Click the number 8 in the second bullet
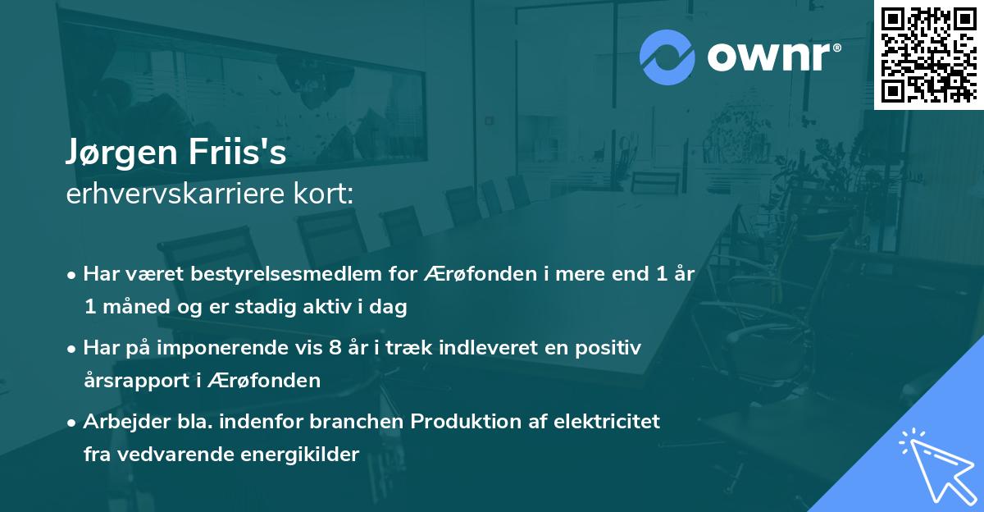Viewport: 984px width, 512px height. [x=334, y=348]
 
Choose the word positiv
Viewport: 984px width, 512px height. [x=609, y=348]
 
